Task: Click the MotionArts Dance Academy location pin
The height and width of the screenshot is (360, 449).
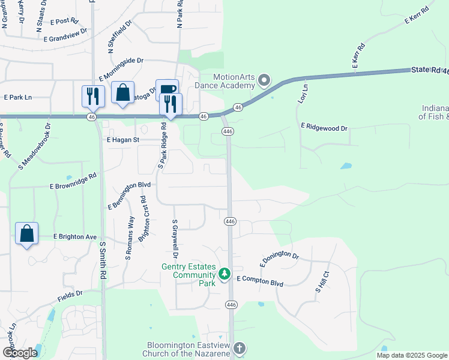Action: (264, 80)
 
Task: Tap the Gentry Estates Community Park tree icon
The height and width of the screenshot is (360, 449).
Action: (224, 274)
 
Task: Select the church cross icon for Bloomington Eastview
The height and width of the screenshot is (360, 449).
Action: (239, 348)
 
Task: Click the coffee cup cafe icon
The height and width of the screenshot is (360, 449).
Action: (167, 90)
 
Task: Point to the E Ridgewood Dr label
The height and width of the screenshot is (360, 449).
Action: (324, 128)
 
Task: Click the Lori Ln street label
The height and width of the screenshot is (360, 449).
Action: (303, 94)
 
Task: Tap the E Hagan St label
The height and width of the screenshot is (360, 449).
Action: (123, 140)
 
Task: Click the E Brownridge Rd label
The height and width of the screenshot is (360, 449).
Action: (73, 182)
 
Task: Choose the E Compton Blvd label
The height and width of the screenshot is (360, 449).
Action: (259, 279)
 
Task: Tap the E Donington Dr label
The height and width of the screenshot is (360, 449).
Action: (279, 259)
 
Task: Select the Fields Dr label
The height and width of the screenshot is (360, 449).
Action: (70, 295)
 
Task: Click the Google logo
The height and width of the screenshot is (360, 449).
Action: (20, 353)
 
